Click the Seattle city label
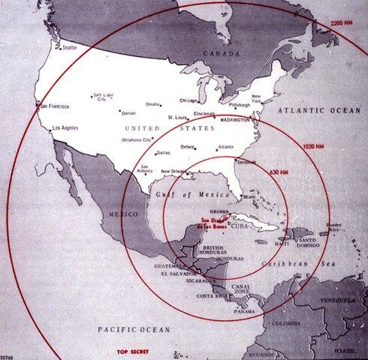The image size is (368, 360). pyautogui.click(x=69, y=48)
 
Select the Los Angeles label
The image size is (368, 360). pyautogui.click(x=66, y=129)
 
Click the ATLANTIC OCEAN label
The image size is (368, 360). pyautogui.click(x=318, y=109)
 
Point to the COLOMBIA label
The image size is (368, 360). pyautogui.click(x=285, y=324)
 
